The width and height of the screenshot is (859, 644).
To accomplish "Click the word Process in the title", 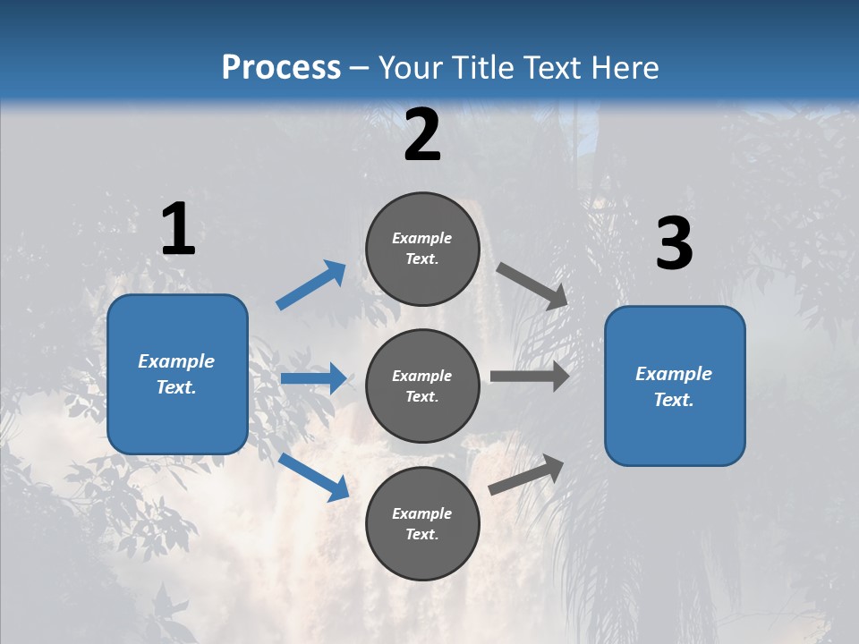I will (x=281, y=67).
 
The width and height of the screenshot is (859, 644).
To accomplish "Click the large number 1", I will (x=178, y=230).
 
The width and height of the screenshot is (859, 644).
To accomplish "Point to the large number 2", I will (x=422, y=135).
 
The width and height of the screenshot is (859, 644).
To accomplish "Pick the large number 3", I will (x=674, y=244).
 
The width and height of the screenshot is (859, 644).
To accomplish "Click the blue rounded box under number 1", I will (x=177, y=374).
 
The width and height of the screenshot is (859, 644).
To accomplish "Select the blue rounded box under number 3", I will (x=675, y=386).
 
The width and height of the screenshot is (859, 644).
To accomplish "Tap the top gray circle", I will (x=422, y=249).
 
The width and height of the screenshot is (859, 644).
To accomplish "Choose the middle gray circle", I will (x=422, y=386).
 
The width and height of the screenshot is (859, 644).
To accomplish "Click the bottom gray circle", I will (x=422, y=523).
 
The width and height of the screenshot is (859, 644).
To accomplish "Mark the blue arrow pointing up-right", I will (x=311, y=285).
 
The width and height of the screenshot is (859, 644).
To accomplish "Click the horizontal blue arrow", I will (x=313, y=378).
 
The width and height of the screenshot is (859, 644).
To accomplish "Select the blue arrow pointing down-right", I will (x=313, y=477).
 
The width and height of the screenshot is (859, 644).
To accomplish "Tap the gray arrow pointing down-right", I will (x=532, y=285).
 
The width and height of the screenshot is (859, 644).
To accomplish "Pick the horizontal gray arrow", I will (x=530, y=377).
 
